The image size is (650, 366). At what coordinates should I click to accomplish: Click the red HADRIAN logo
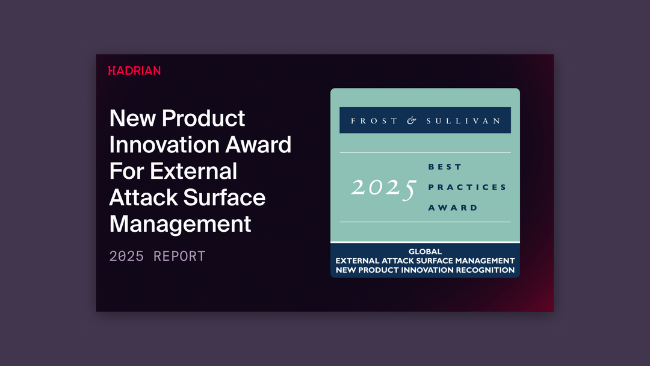[134, 70]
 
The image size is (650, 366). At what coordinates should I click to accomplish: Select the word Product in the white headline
[203, 119]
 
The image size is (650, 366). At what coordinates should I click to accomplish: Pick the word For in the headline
[126, 171]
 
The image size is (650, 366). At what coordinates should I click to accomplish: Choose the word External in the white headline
[194, 171]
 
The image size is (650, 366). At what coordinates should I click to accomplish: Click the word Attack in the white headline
[143, 197]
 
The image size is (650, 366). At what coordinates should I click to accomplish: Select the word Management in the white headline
[180, 224]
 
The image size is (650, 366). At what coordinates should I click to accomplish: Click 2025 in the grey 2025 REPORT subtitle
[126, 256]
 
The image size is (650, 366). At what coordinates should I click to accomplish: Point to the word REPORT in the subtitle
[179, 256]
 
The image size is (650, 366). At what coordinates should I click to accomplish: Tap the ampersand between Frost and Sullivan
[412, 120]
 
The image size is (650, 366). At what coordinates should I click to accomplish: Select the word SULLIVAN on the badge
[463, 120]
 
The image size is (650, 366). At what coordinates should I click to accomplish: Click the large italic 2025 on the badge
[383, 188]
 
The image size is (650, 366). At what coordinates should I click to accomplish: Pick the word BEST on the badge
[445, 167]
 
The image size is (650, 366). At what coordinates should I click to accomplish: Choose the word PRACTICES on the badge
[467, 187]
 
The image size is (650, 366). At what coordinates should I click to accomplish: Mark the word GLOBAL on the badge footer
[425, 252]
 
